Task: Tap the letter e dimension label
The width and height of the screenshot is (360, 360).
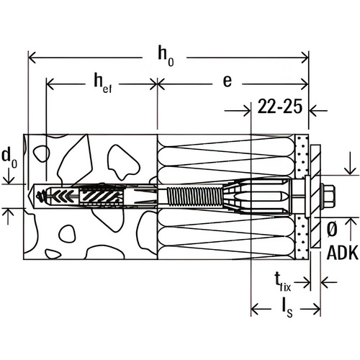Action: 227,82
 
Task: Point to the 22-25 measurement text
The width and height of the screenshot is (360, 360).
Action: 277,109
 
